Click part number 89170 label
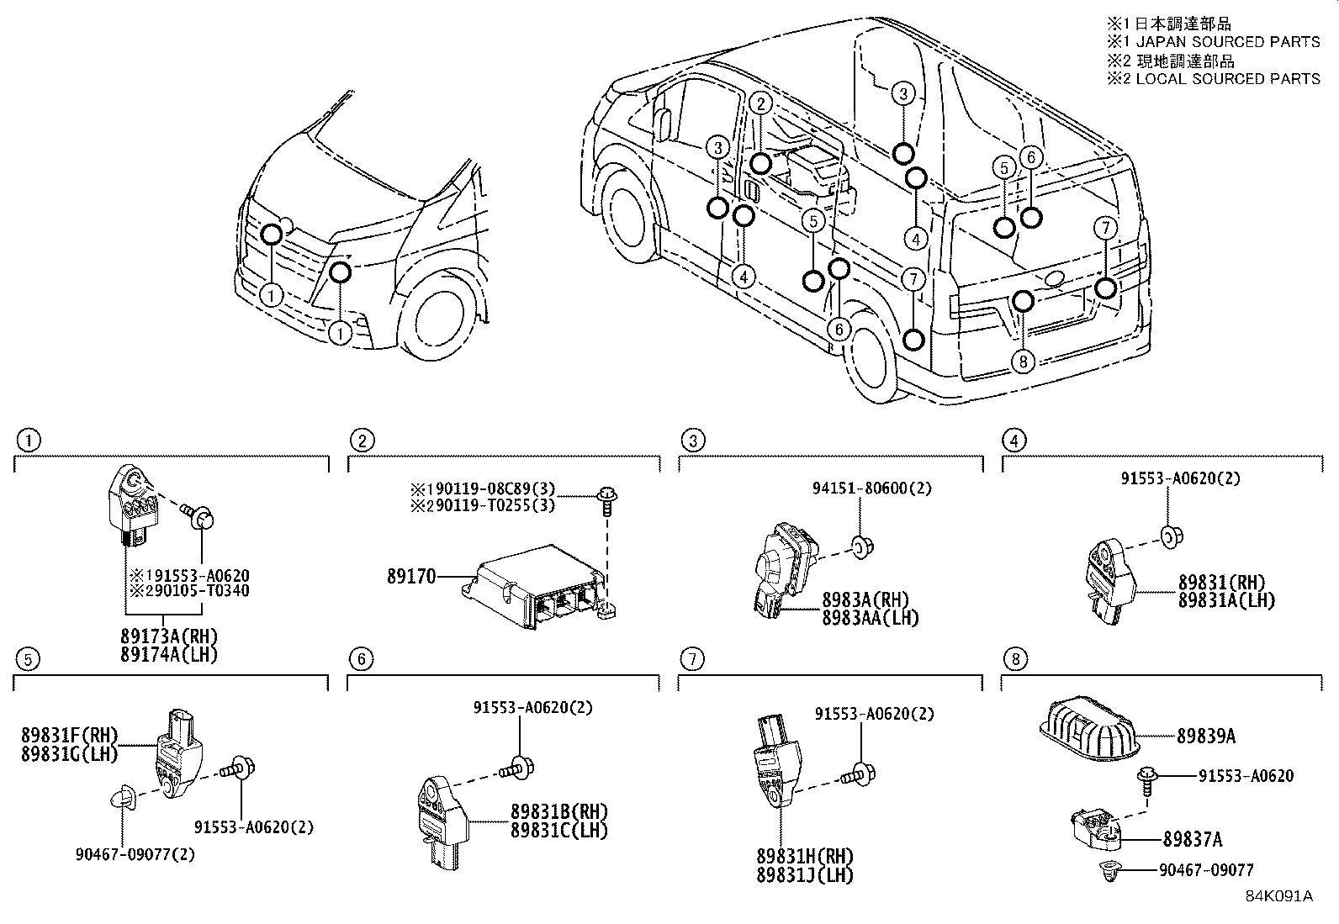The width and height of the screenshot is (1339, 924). [411, 577]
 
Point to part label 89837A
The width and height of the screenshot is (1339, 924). [1193, 839]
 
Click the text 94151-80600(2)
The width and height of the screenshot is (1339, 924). [872, 488]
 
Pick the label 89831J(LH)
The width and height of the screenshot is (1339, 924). [804, 875]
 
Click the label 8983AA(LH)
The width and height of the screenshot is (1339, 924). [870, 618]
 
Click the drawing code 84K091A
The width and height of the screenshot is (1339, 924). [1278, 895]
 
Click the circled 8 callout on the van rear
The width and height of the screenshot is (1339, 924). [1022, 362]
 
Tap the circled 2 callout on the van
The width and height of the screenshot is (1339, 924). [759, 103]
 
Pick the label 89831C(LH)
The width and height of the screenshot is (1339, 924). [558, 830]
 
